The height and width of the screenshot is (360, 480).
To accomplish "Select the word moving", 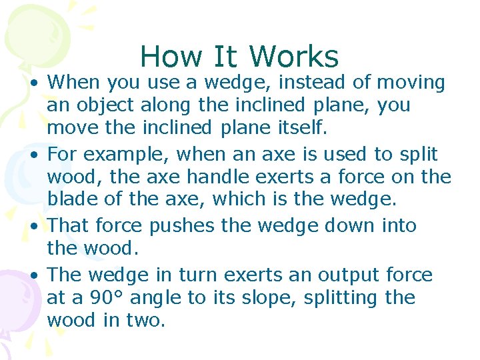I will click(411, 83).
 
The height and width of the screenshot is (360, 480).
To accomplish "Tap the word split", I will click(419, 155).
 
